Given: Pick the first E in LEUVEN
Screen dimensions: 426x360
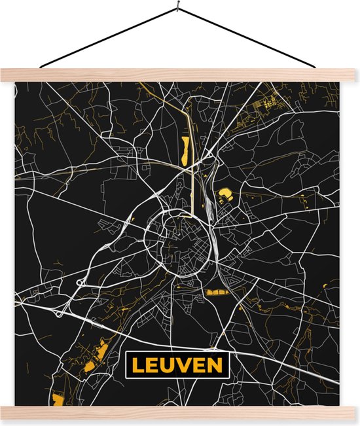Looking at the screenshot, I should click(x=151, y=365).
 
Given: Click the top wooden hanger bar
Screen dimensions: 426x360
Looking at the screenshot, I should click(x=180, y=75).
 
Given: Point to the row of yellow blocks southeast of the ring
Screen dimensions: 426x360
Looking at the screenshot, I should click(x=217, y=292).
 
